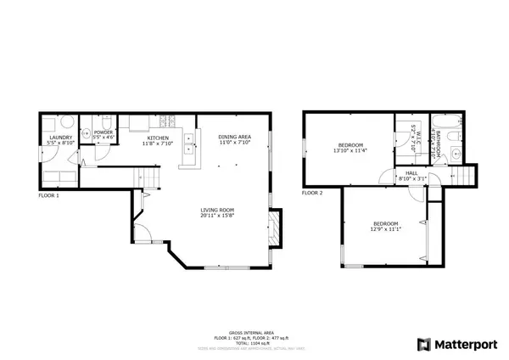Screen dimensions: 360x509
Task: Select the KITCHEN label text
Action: click(158, 138)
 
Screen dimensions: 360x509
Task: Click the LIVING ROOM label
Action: click(216, 210)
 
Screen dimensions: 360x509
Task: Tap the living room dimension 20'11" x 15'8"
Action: click(216, 216)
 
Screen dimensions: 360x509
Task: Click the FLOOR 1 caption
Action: click(48, 195)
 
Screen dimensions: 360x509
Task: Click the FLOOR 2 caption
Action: click(311, 193)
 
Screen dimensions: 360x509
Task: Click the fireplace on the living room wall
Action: click(271, 227)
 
